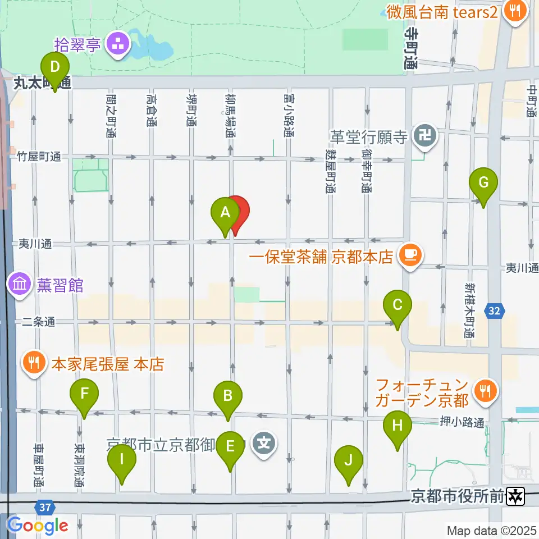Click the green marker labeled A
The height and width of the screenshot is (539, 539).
(225, 213)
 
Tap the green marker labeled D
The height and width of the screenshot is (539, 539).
(55, 68)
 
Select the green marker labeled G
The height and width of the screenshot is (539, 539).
(484, 182)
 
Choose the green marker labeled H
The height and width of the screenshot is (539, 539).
(398, 426)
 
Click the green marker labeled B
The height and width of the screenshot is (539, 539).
(227, 396)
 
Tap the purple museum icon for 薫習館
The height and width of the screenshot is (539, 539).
(20, 285)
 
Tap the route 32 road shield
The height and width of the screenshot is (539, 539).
(495, 310)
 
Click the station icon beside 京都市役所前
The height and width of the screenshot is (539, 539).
(515, 496)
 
